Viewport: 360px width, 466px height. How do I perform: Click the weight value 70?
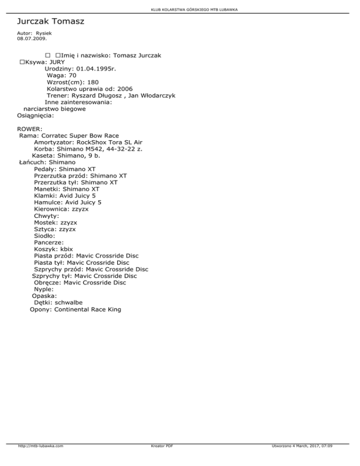(72, 75)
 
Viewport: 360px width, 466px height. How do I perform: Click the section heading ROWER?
(30, 128)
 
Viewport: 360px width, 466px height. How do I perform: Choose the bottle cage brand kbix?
(70, 249)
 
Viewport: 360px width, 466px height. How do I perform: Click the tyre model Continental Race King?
(88, 309)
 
